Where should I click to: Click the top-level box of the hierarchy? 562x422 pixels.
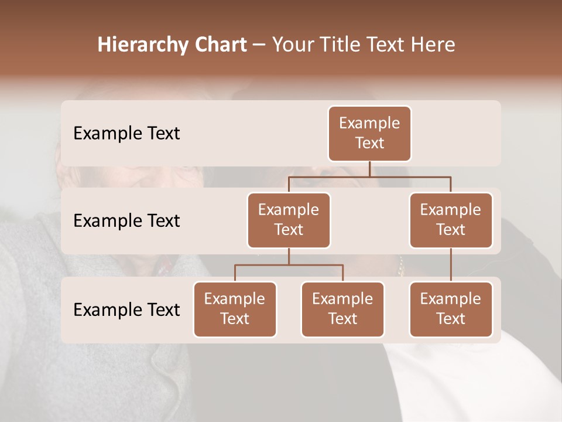[x=369, y=133]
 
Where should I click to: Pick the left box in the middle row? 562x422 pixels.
[x=289, y=220]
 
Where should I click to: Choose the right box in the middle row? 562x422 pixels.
[x=451, y=220]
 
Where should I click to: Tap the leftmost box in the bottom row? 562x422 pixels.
[x=235, y=309]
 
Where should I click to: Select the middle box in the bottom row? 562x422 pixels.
[x=342, y=309]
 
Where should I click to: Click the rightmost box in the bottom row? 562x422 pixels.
[x=451, y=309]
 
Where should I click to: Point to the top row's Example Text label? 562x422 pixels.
[x=126, y=133]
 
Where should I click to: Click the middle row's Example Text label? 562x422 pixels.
[x=126, y=220]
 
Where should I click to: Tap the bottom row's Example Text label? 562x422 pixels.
[x=126, y=309]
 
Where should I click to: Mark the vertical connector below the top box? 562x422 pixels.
[x=369, y=169]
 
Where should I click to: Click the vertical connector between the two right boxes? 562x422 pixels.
[x=451, y=265]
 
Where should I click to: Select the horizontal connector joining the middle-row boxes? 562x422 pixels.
[x=369, y=176]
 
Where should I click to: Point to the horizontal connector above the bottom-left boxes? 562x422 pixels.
[x=289, y=265]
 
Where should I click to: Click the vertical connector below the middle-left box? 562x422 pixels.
[x=289, y=256]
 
